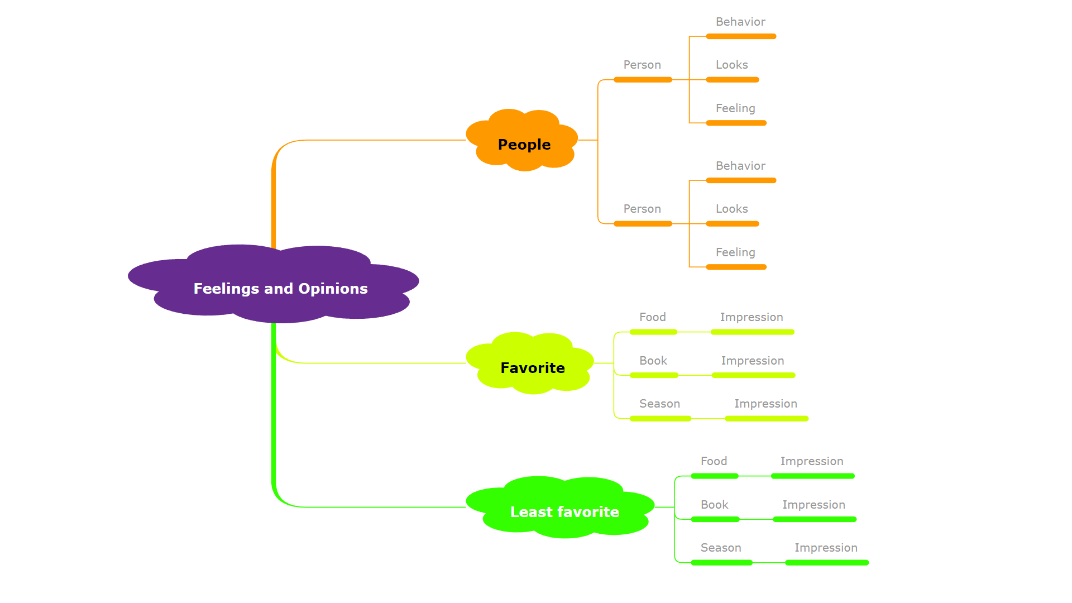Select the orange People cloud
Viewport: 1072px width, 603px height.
point(524,144)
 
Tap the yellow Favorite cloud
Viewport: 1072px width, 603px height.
point(532,367)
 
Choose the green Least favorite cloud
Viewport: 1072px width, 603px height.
point(564,511)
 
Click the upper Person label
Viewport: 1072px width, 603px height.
point(642,65)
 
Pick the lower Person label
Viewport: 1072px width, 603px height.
point(642,209)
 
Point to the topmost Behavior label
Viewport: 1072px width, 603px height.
point(740,22)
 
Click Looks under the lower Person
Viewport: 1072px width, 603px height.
point(731,209)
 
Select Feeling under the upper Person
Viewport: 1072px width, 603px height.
point(735,108)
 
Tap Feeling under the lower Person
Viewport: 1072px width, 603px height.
point(735,252)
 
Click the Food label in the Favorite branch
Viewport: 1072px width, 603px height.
point(652,317)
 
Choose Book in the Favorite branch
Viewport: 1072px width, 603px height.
point(653,361)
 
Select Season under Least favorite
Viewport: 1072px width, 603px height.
point(720,548)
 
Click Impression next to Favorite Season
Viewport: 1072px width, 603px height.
point(765,404)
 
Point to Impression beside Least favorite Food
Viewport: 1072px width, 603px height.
point(811,461)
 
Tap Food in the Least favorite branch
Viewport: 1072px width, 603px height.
point(714,461)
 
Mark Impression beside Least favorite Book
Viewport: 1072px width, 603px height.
point(813,505)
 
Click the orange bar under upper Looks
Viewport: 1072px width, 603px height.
point(732,80)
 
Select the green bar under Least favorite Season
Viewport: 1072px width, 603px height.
point(721,563)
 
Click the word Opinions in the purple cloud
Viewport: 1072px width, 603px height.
point(333,289)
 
